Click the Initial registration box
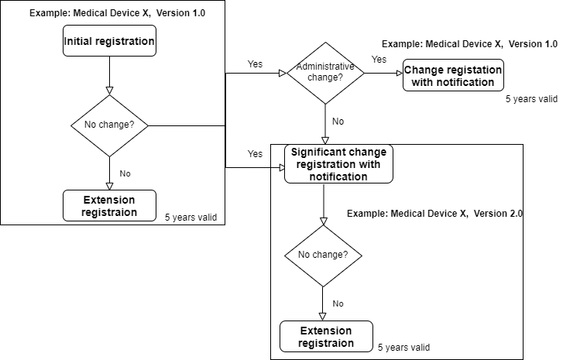(109, 41)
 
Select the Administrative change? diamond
(325, 73)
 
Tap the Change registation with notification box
(453, 76)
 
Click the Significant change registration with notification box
(338, 164)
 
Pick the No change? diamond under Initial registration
(109, 125)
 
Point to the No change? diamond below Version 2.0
(323, 255)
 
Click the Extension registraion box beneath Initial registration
(109, 206)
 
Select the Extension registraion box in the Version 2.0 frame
(326, 337)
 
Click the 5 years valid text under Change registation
(531, 99)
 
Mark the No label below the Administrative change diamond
(338, 122)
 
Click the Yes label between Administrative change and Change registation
(379, 59)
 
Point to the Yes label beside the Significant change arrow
(255, 154)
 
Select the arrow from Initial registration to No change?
(109, 75)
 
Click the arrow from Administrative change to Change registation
(383, 74)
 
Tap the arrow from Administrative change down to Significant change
(325, 124)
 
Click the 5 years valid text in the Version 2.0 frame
(403, 347)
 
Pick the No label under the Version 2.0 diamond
(338, 303)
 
